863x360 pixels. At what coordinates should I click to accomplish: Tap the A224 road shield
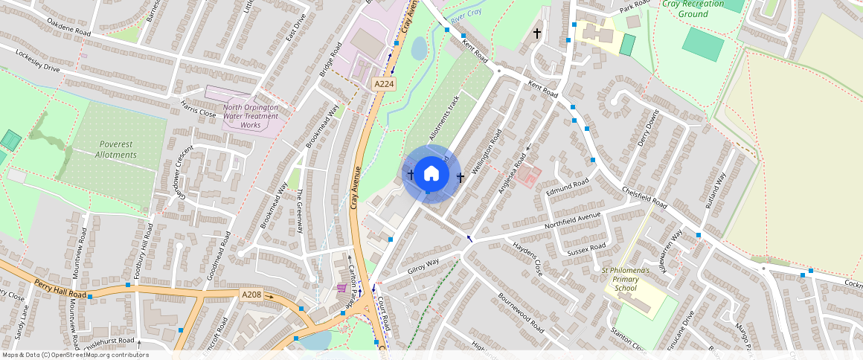[384, 85]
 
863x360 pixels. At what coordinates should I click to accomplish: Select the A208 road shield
[251, 295]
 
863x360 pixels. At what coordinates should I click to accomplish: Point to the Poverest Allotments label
[116, 149]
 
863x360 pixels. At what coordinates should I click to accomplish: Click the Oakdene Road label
[68, 32]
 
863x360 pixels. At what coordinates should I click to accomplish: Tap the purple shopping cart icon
[341, 287]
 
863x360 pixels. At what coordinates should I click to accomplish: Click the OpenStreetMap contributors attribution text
[75, 355]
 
